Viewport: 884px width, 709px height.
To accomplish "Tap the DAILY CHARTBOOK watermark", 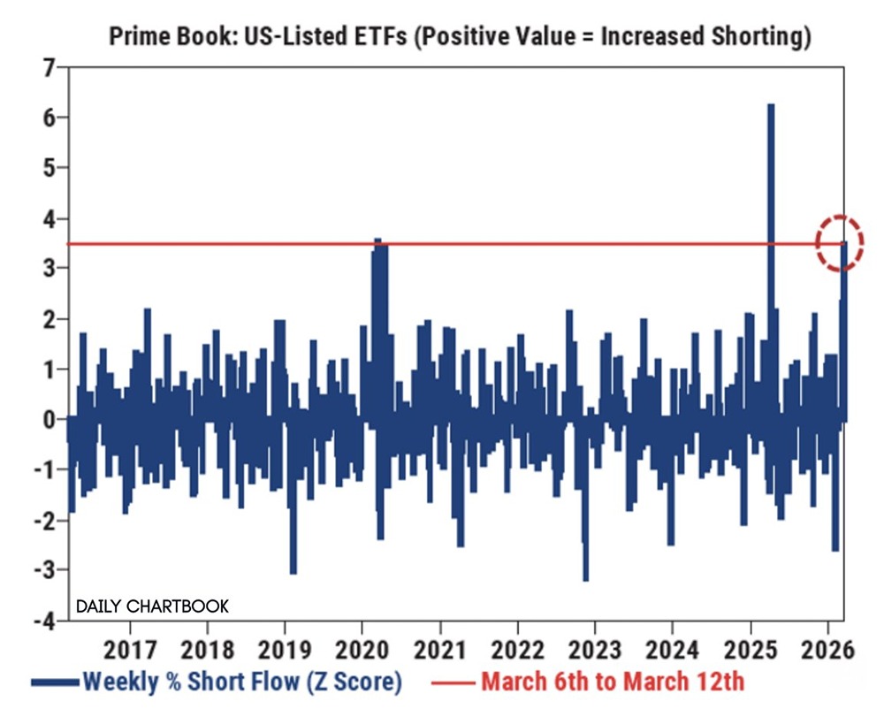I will (x=152, y=606).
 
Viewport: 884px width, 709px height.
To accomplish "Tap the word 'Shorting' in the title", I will (x=767, y=36).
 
